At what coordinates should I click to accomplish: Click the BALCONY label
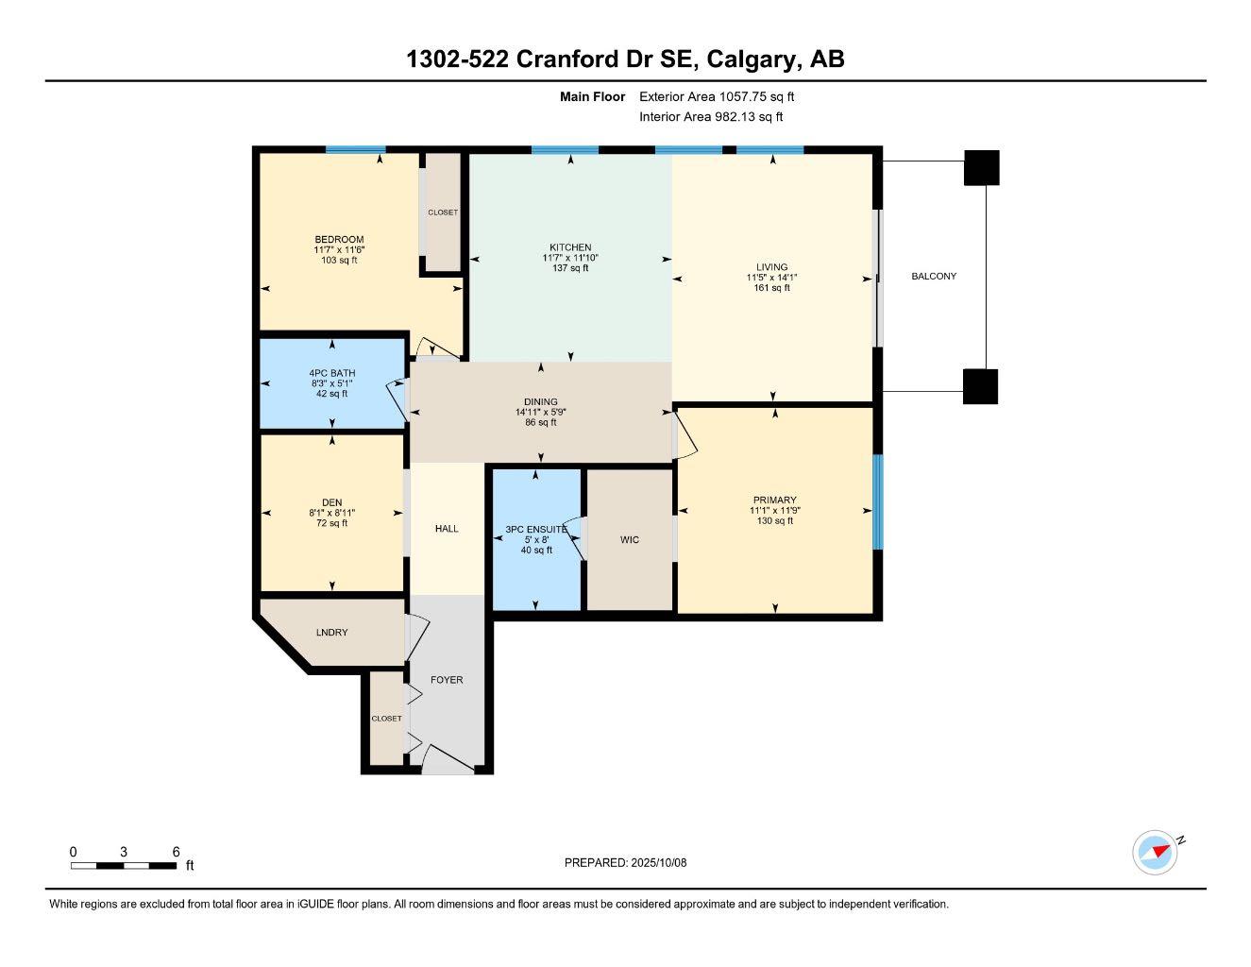click(x=933, y=277)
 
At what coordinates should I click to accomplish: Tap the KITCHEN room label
click(x=570, y=247)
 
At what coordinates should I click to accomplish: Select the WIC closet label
click(x=630, y=540)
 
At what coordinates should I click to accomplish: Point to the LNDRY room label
click(x=331, y=633)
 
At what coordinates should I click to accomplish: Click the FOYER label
click(x=447, y=680)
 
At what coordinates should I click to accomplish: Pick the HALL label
click(x=447, y=529)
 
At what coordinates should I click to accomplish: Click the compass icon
click(x=1155, y=853)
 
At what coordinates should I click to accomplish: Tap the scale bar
click(x=124, y=865)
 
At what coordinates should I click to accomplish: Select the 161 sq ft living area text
click(x=771, y=288)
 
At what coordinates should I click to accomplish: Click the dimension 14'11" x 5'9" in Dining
click(x=540, y=413)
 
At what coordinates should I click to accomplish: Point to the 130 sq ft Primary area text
click(x=774, y=520)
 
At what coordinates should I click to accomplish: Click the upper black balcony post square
click(x=981, y=168)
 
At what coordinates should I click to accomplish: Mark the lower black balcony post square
click(x=980, y=386)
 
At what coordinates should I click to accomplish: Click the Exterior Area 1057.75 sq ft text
click(x=717, y=96)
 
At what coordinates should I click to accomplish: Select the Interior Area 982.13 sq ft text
click(x=711, y=117)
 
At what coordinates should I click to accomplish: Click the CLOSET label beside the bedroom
click(x=442, y=212)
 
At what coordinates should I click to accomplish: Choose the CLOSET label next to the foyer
click(x=386, y=719)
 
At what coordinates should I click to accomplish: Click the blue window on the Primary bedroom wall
click(x=877, y=501)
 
